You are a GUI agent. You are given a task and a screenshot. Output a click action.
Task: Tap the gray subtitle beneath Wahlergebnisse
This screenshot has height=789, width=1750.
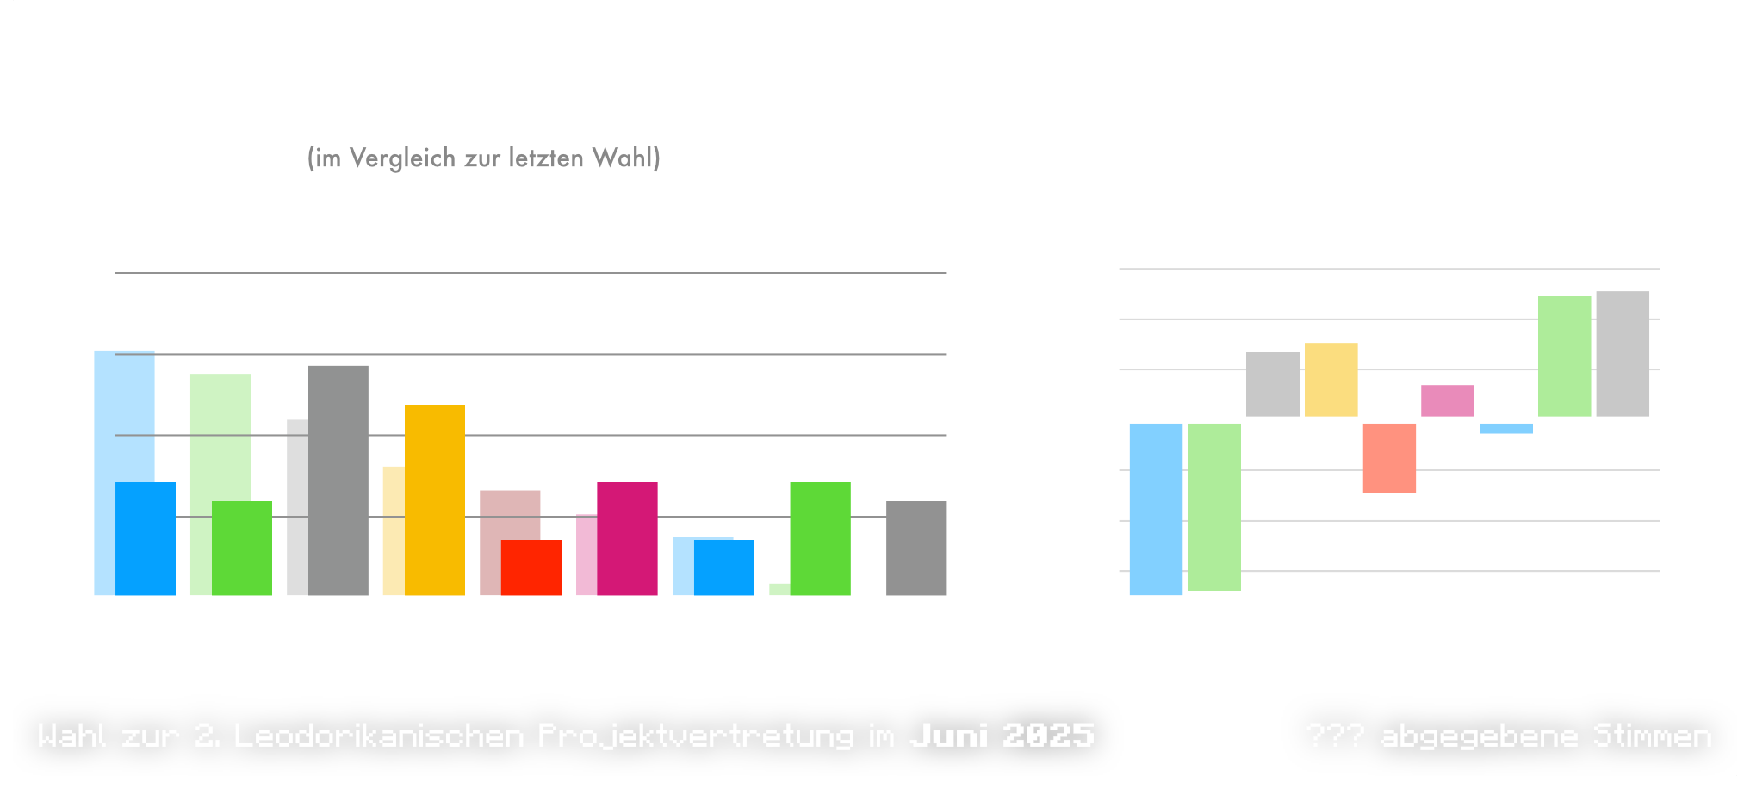point(483,158)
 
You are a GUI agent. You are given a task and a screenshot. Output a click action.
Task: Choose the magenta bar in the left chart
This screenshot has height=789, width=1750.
point(626,538)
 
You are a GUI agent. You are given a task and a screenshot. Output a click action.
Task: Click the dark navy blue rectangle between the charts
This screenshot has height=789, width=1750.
point(1008,387)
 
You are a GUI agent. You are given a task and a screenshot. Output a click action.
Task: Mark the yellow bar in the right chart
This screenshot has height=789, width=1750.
point(1331,379)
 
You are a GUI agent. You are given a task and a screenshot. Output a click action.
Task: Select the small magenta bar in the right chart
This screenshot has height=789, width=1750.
point(1447,401)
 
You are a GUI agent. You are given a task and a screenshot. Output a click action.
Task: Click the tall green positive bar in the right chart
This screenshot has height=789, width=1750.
point(1564,356)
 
